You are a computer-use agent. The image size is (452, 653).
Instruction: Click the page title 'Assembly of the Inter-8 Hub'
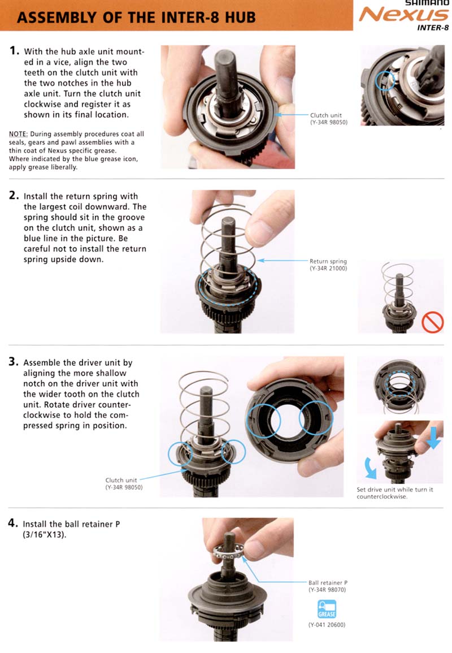136,18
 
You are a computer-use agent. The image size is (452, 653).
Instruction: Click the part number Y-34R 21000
328,269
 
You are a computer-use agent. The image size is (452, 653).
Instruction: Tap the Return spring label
328,261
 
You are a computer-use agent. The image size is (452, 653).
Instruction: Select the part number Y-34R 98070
327,589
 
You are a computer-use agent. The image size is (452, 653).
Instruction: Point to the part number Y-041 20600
327,625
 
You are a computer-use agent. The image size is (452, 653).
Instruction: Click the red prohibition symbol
432,323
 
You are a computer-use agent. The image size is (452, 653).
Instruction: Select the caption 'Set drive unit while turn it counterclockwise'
395,493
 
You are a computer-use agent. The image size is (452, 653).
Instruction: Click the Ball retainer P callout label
328,582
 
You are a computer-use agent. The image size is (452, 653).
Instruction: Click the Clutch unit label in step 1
326,115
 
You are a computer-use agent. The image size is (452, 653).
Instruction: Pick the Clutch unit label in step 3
121,480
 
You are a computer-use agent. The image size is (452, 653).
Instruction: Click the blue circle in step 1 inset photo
384,80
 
